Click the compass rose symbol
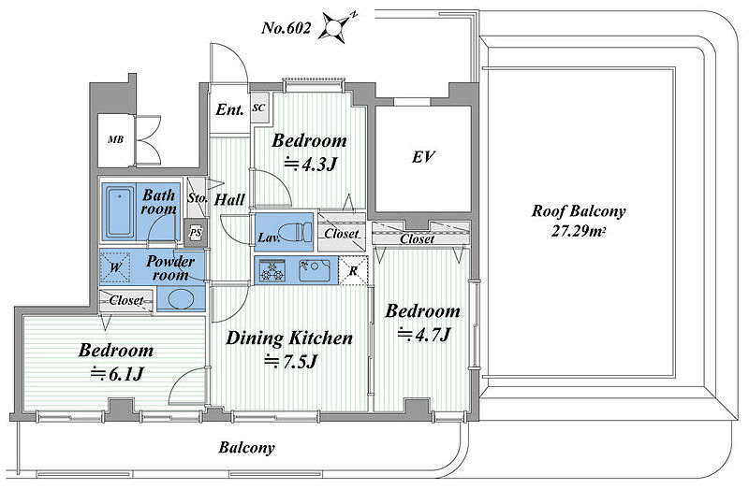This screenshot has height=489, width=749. [338, 26]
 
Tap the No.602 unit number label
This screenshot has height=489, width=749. [286, 28]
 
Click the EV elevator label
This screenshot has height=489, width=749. [423, 157]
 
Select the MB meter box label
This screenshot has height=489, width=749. [115, 140]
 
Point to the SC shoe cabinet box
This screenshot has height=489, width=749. [259, 108]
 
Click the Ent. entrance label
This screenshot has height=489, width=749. [229, 109]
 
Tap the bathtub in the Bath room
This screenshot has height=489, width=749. [119, 212]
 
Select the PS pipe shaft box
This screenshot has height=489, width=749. [196, 232]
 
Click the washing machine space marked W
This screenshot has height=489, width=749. [115, 267]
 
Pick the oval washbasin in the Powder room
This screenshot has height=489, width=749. [181, 299]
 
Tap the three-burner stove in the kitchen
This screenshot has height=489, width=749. [272, 271]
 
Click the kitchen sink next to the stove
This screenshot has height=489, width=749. [314, 270]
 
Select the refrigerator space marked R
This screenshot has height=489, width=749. [354, 270]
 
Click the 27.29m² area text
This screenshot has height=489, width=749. [579, 231]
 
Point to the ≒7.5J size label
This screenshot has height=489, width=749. [291, 362]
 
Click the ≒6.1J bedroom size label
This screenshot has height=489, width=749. [117, 374]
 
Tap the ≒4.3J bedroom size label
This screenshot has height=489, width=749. [311, 165]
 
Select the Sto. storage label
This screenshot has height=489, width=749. [197, 197]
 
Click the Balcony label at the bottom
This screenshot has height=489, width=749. [247, 448]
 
